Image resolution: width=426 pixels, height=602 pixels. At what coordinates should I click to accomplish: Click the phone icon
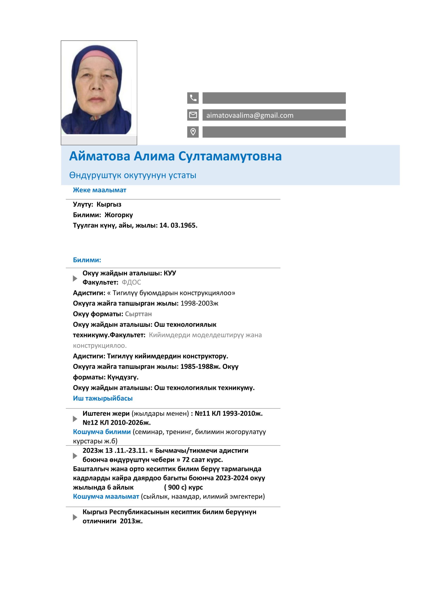[193, 98]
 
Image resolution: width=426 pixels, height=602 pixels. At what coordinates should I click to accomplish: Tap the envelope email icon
[193, 115]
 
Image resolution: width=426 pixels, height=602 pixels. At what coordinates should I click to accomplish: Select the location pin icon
[193, 132]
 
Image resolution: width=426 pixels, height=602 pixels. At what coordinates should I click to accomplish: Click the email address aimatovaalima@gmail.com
[250, 115]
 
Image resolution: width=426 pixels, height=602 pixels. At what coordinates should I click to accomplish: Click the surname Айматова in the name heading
[100, 156]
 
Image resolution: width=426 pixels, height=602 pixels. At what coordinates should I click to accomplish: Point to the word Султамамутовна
[230, 156]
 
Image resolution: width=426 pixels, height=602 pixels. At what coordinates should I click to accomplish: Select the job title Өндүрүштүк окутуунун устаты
[132, 175]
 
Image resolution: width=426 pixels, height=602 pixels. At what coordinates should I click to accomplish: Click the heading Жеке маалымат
[100, 190]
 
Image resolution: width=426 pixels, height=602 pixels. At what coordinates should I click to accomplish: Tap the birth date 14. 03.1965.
[178, 226]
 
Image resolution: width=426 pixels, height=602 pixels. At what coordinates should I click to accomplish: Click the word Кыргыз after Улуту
[109, 205]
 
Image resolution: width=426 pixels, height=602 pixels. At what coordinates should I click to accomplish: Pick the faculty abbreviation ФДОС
[131, 282]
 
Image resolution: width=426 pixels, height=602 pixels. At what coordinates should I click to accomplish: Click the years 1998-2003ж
[199, 303]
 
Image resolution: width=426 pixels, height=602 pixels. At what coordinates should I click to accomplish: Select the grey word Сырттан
[138, 314]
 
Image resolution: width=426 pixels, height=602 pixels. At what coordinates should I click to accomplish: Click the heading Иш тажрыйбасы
[103, 398]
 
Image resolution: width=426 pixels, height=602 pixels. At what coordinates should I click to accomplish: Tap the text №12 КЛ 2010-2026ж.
[116, 423]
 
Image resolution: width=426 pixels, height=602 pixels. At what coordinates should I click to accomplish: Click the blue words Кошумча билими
[102, 432]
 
